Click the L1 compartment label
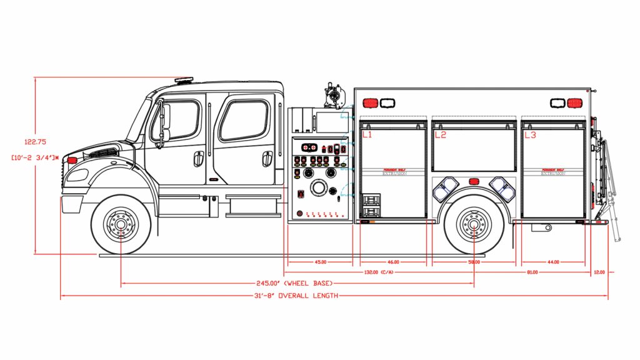[x=367, y=134]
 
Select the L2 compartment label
[x=440, y=134]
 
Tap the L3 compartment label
[x=530, y=134]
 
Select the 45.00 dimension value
[x=321, y=262]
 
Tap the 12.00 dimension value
[x=599, y=272]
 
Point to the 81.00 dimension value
[x=532, y=272]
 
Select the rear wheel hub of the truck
[x=473, y=224]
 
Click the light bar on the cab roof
[x=184, y=80]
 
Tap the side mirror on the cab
[x=165, y=121]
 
